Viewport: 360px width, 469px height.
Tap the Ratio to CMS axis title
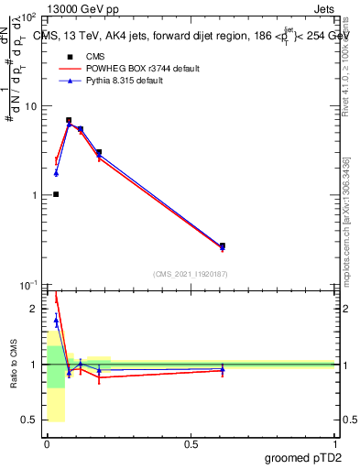coord(14,365)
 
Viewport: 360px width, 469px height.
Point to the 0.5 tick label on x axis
coord(191,443)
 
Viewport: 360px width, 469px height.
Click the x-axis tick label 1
coord(335,443)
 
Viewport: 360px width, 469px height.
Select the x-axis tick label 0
coord(48,443)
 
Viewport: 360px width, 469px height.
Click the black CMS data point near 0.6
coord(223,245)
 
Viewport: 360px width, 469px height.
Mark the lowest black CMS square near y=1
coord(56,194)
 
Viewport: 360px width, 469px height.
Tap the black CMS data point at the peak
coord(69,120)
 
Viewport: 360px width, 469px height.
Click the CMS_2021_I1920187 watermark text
coord(190,273)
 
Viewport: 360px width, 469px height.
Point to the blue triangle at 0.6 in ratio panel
coord(223,369)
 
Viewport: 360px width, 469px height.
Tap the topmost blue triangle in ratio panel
coord(56,320)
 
